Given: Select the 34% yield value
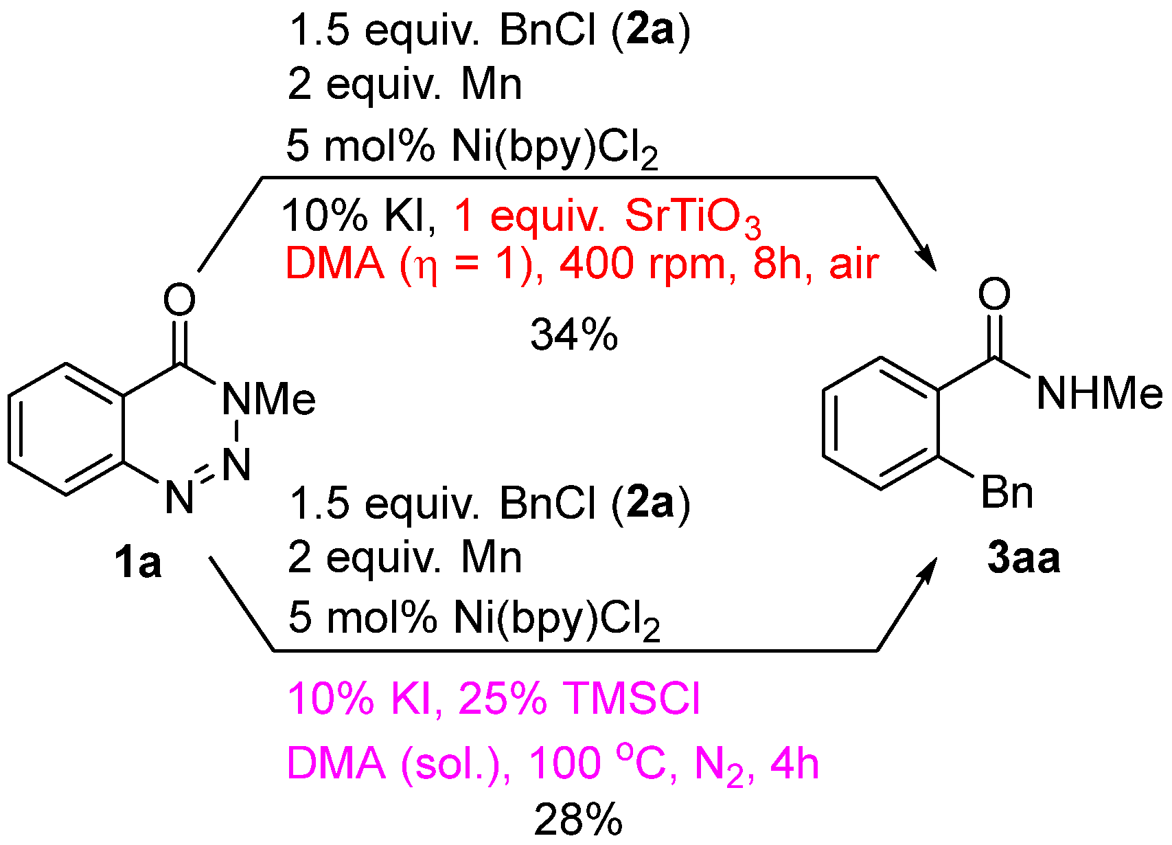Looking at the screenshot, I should [x=574, y=336].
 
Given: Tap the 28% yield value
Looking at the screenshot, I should [x=578, y=820].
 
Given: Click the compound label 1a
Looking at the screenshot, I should [x=137, y=563].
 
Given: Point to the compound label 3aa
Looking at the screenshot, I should [x=1023, y=557].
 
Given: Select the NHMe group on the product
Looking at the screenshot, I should [x=1099, y=394].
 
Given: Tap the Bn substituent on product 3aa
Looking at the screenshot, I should [x=1007, y=493].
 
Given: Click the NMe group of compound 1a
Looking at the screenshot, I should [x=268, y=398].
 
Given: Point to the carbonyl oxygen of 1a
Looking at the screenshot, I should [x=180, y=300].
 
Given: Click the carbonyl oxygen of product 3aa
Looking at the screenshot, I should [x=994, y=294].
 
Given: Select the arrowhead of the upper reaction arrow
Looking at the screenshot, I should [x=926, y=260].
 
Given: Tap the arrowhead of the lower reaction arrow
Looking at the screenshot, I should [x=928, y=570].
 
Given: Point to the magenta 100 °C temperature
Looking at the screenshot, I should [x=597, y=763].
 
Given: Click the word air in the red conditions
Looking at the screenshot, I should [x=853, y=264].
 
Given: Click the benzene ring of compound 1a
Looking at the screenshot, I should [x=67, y=429].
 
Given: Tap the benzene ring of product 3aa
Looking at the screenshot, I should [x=881, y=424].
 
